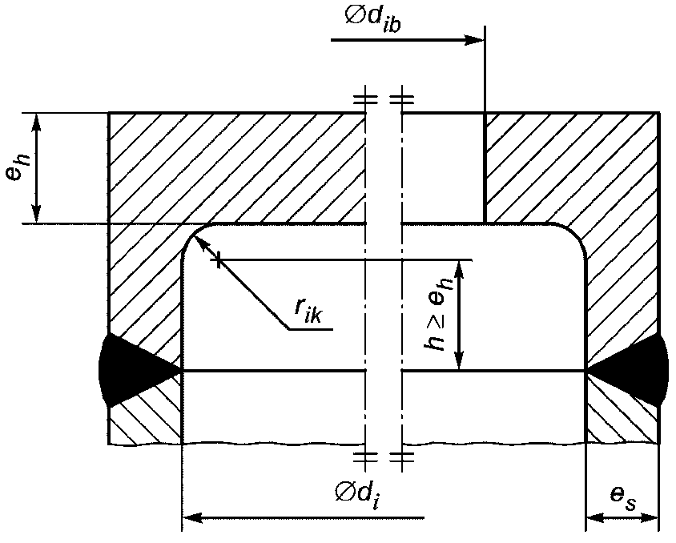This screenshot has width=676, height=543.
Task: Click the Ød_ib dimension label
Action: pos(373,19)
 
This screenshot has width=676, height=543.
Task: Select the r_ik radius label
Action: pos(308,309)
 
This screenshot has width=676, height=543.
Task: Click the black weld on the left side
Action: pos(134,371)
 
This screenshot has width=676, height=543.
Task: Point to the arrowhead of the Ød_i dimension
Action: pos(193,517)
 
